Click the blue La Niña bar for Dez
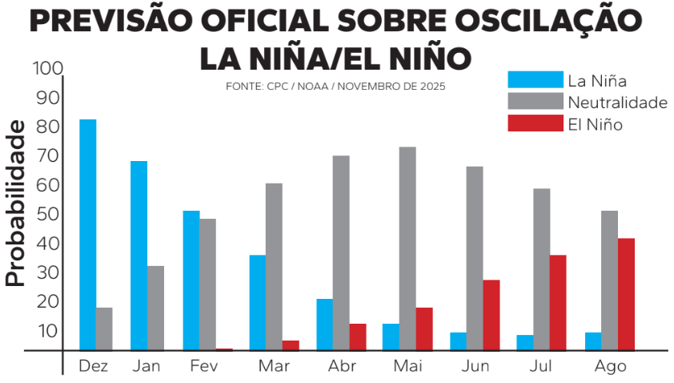[x=88, y=234]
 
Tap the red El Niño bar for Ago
[x=626, y=294]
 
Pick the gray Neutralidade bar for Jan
[x=155, y=308]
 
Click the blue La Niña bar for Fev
[x=191, y=280]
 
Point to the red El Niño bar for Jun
[x=491, y=315]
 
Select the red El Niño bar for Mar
[x=291, y=345]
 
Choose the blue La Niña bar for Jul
[x=525, y=342]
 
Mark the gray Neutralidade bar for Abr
[x=341, y=252]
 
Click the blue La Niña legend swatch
[x=535, y=79]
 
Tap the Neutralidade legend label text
[x=617, y=102]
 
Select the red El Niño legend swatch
[x=535, y=123]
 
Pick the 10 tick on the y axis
[x=47, y=330]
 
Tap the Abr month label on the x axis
[x=342, y=366]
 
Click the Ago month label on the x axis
[x=610, y=366]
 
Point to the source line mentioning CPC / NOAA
[x=335, y=86]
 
